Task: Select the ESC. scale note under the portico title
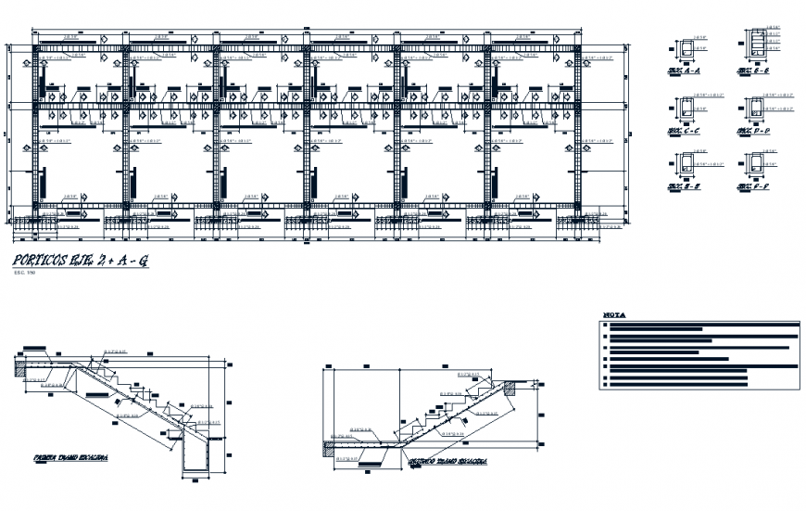point(22,275)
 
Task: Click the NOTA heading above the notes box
point(613,313)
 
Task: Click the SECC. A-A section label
point(684,70)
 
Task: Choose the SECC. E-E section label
point(684,187)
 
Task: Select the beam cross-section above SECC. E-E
point(686,166)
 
